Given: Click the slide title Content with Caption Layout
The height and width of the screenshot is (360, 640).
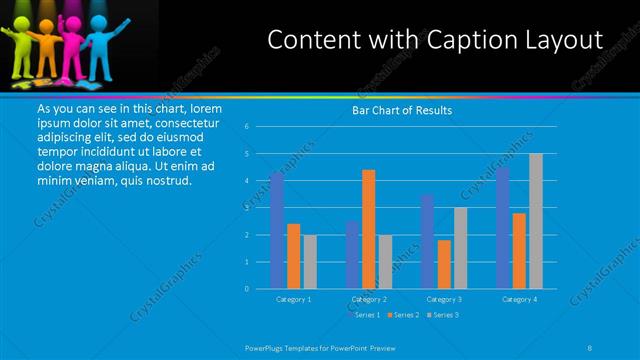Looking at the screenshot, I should (436, 40).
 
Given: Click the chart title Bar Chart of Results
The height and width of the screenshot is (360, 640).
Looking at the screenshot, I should (401, 110).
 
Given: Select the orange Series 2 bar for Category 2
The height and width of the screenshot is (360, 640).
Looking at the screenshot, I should (368, 229).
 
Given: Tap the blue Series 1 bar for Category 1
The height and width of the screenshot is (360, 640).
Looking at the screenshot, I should (277, 230).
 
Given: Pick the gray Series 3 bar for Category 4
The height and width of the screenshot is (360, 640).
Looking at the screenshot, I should (535, 221).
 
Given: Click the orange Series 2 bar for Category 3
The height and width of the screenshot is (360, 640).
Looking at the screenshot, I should (443, 264).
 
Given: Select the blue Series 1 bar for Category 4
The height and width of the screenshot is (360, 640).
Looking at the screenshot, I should (503, 228).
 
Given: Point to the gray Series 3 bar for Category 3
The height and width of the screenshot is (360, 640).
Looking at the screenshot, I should (460, 248).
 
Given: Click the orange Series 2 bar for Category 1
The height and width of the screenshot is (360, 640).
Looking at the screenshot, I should (293, 256).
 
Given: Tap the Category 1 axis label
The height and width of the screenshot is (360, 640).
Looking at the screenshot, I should (294, 299).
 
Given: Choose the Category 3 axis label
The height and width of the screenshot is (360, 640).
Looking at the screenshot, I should (444, 299).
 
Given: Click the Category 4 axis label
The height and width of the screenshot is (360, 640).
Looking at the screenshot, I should (519, 299).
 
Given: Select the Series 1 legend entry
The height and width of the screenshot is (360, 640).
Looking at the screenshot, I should (364, 315).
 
